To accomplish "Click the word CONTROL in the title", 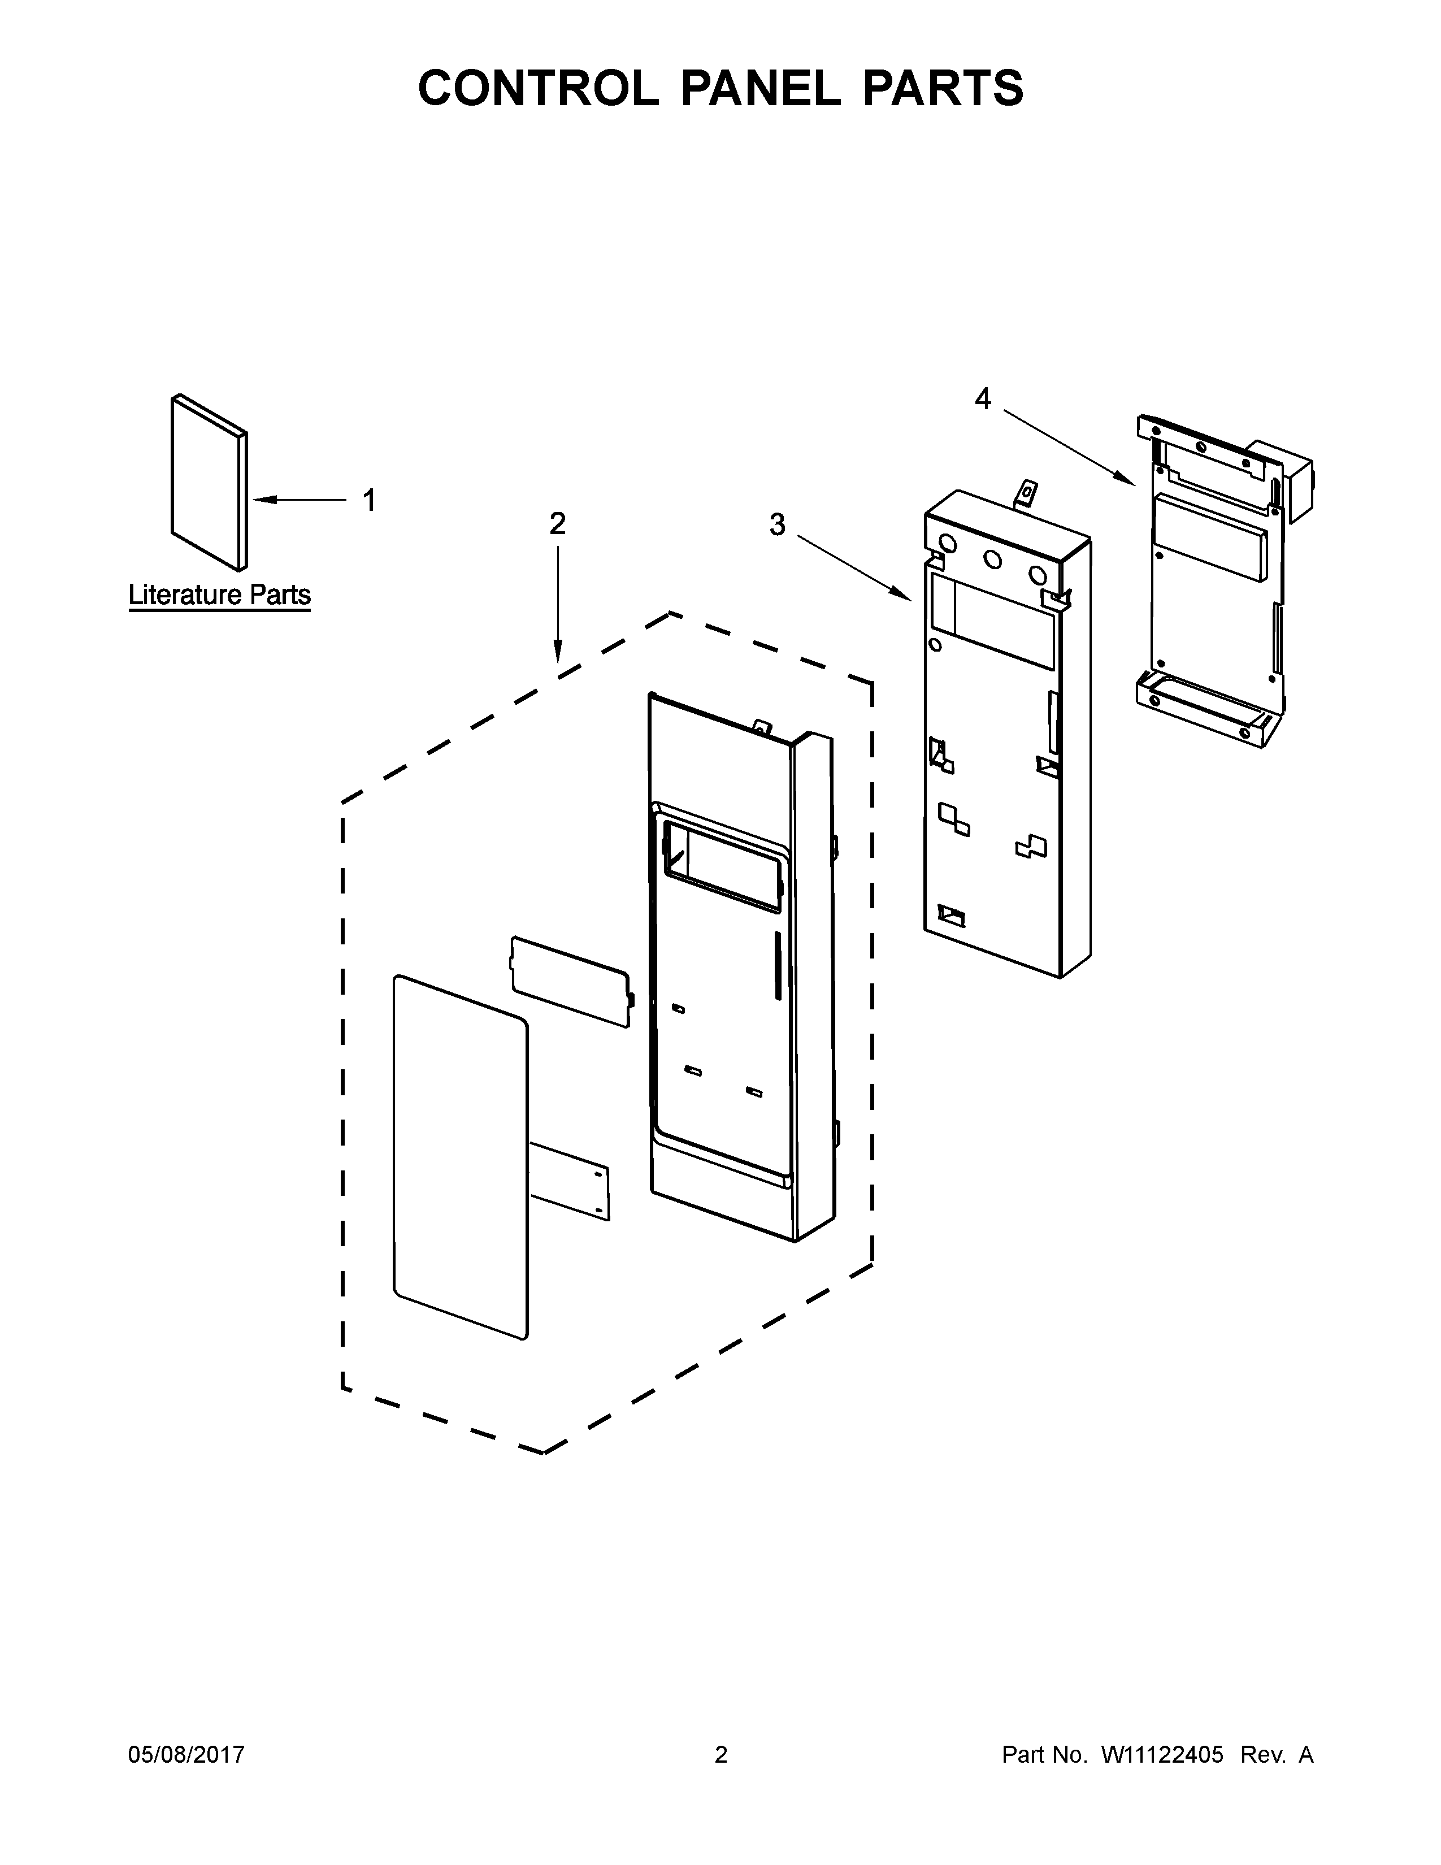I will pos(538,88).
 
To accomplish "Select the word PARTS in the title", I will pos(943,88).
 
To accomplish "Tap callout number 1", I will pos(369,500).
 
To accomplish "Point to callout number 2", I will pos(557,523).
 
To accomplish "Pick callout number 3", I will pos(777,524).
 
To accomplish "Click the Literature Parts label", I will pos(219,595).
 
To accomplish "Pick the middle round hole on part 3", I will pos(993,559).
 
